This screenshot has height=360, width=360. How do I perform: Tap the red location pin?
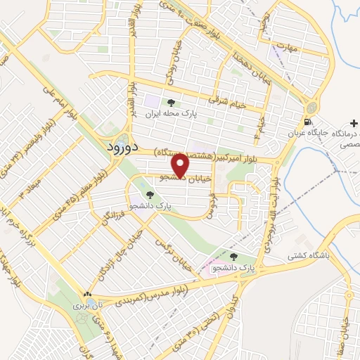pos(181,166)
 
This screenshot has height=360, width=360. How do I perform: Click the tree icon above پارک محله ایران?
pos(171,103)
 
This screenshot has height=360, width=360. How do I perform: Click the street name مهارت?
pos(288,49)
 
